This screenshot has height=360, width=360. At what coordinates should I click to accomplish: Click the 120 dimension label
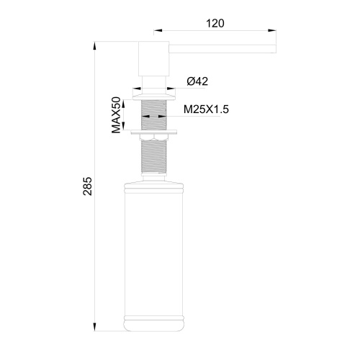point(215,22)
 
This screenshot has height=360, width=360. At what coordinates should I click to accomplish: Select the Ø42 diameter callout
point(197,81)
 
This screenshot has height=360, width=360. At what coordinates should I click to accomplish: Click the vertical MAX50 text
point(115,116)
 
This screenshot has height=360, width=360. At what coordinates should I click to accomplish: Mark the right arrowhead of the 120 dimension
point(274,32)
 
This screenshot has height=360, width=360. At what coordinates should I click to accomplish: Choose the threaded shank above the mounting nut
point(152,114)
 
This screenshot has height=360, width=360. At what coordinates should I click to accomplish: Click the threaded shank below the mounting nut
point(152,162)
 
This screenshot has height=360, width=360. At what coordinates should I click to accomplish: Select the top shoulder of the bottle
point(152,189)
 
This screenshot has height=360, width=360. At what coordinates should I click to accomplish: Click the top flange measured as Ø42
point(152,94)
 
